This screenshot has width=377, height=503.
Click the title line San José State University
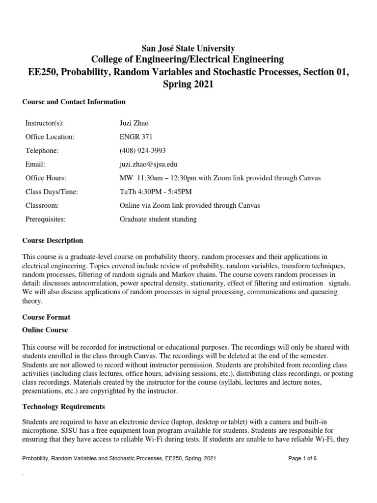click(188, 48)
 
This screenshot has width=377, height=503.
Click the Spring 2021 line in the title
click(188, 84)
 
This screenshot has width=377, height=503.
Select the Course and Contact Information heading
click(74, 102)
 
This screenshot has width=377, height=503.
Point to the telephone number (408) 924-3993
click(143, 150)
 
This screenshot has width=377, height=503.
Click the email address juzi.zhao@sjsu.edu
click(149, 164)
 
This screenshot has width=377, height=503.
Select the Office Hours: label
click(45, 178)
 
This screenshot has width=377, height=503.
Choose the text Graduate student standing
click(158, 219)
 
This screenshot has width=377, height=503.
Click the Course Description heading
click(53, 241)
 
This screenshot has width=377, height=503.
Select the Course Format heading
click(46, 317)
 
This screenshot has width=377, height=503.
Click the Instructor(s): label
click(45, 123)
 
